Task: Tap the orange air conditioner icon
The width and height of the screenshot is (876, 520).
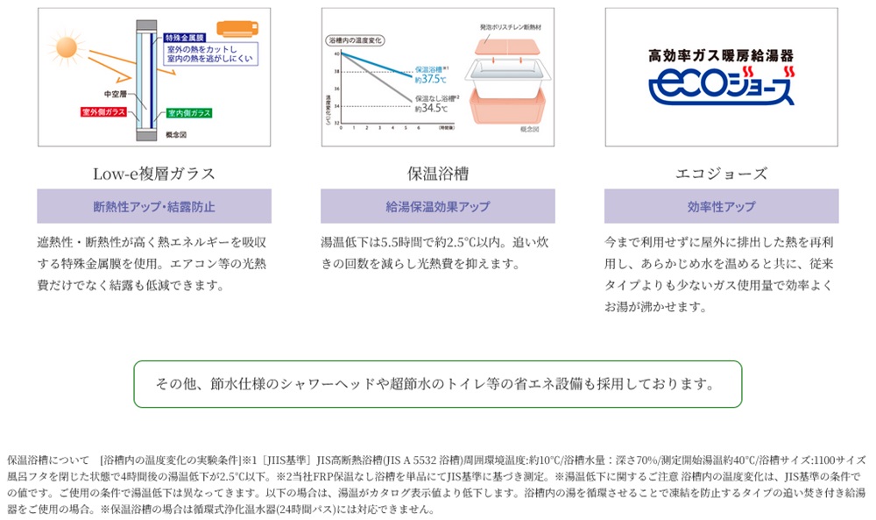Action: (x=237, y=30)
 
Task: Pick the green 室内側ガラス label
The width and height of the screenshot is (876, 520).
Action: (x=189, y=112)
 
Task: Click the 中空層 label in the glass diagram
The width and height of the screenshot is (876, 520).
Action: (x=116, y=92)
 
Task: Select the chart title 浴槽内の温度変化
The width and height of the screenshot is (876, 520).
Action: (x=356, y=40)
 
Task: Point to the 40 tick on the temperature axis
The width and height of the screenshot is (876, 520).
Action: (x=336, y=53)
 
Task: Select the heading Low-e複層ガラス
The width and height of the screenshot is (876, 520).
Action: (x=154, y=173)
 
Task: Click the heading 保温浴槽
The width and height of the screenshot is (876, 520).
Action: (x=437, y=173)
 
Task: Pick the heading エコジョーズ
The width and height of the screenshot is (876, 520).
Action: (x=721, y=173)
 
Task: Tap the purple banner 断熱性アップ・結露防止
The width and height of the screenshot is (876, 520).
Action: (x=154, y=207)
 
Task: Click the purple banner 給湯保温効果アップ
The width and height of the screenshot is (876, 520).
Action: (x=437, y=207)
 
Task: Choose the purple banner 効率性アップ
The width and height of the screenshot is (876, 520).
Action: (x=721, y=207)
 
